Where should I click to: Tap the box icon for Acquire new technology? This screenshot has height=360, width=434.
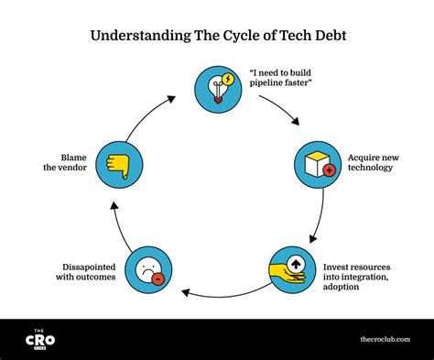pos(316,163)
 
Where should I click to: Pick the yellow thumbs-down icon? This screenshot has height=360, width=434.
pos(118,164)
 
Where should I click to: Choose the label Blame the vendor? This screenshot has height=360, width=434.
pos(66,163)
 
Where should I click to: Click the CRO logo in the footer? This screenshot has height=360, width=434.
pos(39,339)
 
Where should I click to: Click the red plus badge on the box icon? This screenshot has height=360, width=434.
pos(328,170)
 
